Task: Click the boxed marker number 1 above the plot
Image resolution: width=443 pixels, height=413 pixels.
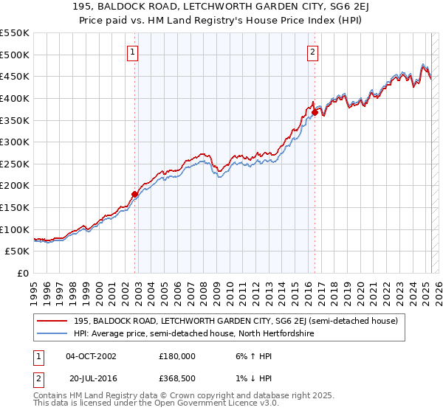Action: tap(132, 52)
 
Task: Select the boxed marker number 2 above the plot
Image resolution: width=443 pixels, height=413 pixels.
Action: tap(313, 52)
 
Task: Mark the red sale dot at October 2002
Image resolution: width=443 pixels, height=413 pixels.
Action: tap(134, 195)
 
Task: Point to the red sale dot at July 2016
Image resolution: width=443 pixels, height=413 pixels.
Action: tap(315, 112)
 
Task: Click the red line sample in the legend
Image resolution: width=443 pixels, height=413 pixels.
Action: tap(53, 321)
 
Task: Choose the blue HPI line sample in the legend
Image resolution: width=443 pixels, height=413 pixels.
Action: tap(53, 333)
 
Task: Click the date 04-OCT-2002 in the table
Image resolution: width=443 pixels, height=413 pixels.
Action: tap(91, 355)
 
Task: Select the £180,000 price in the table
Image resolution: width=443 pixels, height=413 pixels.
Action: tap(176, 355)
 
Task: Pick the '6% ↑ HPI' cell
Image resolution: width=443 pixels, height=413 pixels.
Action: tap(251, 355)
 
